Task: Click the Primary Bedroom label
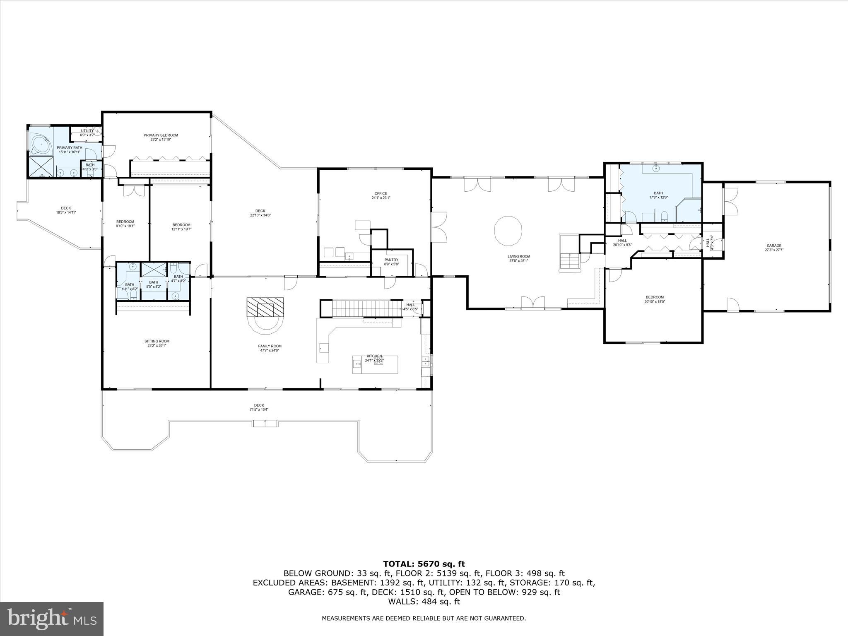point(161,135)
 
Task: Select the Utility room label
point(87,131)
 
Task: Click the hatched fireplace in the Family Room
point(265,307)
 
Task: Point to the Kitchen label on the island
point(374,356)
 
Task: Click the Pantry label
point(391,260)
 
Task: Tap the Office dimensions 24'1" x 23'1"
point(381,198)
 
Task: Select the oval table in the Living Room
point(508,231)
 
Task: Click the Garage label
point(774,246)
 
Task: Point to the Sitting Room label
point(157,341)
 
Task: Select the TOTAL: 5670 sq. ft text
point(424,564)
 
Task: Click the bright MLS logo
point(52,619)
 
